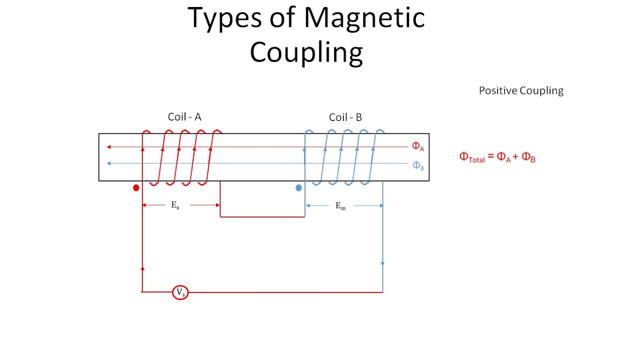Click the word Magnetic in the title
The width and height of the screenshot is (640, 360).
point(364,18)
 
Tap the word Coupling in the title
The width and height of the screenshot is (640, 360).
point(306,52)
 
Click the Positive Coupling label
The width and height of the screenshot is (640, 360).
point(521,90)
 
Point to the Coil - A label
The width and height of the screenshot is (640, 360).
point(184,117)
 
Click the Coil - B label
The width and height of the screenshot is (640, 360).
point(345,117)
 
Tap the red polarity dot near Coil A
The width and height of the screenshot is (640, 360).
point(136,188)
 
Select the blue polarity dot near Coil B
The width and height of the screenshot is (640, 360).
point(298,188)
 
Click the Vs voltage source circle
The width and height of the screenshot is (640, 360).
point(180,292)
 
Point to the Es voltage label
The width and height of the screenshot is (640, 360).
point(175,205)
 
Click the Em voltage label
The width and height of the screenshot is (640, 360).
point(340,206)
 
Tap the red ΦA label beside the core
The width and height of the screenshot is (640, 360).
point(418,146)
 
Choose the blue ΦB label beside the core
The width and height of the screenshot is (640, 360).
point(418,165)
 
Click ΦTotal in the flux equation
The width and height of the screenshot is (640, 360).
point(472,157)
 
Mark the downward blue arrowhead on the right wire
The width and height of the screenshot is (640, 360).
point(382,263)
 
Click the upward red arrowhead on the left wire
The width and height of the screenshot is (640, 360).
point(142,268)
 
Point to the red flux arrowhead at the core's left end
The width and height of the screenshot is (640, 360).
point(108,147)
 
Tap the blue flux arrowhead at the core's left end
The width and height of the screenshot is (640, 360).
point(108,163)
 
